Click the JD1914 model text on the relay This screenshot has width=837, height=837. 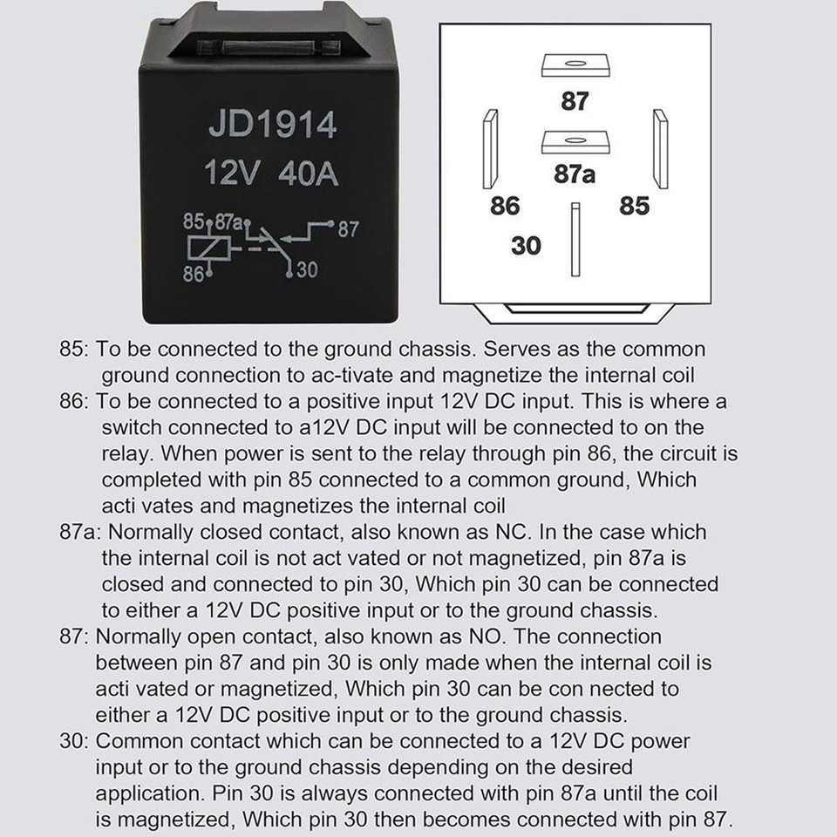(x=272, y=125)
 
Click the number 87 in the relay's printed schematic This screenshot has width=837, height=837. (x=348, y=230)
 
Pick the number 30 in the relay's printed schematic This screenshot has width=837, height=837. (x=307, y=271)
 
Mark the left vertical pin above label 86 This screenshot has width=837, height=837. (x=490, y=149)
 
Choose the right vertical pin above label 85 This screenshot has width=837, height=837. (x=660, y=149)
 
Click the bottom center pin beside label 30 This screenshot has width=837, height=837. (x=575, y=240)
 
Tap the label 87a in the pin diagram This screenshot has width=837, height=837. (x=575, y=174)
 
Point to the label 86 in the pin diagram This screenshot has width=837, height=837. (x=504, y=207)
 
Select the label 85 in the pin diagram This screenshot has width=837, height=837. (x=634, y=207)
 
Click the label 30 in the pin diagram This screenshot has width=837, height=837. (x=526, y=246)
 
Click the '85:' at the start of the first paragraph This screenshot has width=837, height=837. (x=75, y=349)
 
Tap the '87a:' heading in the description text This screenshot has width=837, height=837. (x=81, y=532)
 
